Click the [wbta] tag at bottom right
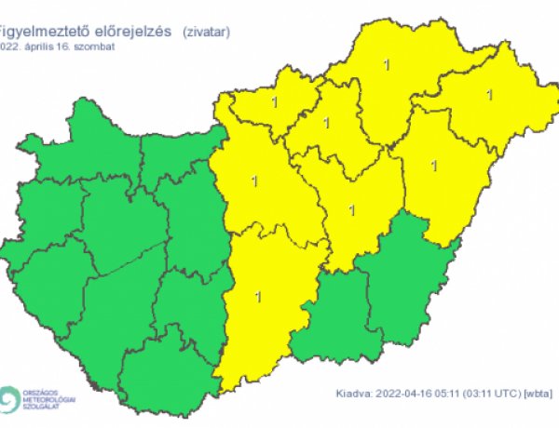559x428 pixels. [536, 395]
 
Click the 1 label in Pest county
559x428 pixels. [254, 180]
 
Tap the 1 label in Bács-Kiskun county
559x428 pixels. [257, 297]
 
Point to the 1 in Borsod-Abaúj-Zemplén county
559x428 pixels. [388, 64]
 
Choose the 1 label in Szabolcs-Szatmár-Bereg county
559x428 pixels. [489, 94]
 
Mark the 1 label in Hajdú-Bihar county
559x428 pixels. [433, 166]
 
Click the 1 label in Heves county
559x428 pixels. [326, 122]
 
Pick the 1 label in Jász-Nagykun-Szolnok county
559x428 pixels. [350, 209]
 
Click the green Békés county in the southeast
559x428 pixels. [401, 279]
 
